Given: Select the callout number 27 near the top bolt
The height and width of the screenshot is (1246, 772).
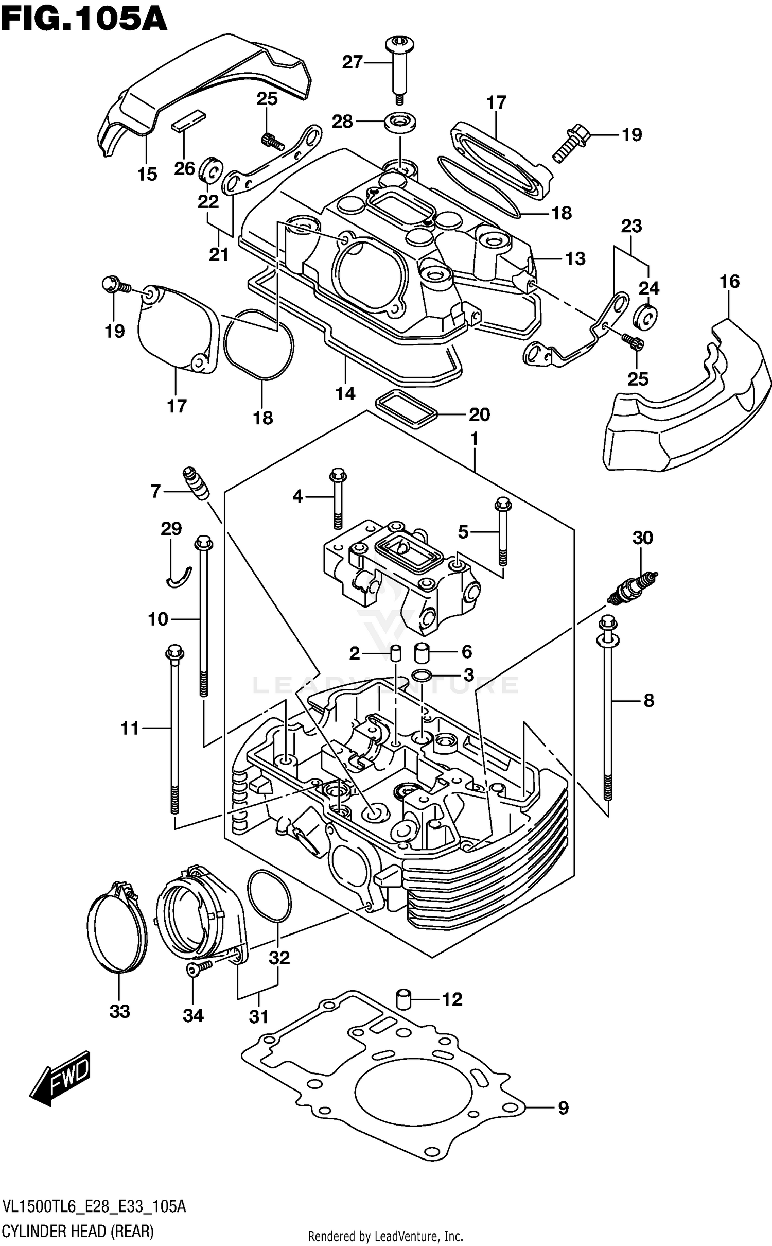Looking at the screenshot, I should (353, 62).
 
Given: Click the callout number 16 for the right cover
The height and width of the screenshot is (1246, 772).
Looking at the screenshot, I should (729, 282).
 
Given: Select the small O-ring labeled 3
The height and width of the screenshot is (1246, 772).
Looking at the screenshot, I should (421, 675).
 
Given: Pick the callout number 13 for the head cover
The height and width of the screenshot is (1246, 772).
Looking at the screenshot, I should (575, 258).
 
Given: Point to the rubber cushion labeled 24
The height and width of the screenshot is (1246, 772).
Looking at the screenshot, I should (647, 316).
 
